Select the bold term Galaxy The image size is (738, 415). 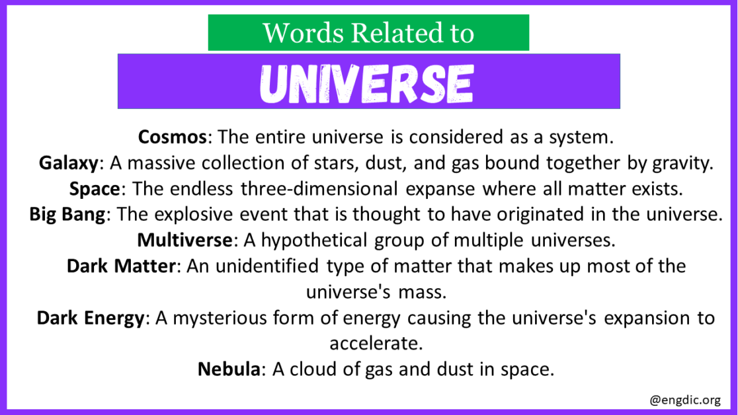69,163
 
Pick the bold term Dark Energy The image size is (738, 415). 91,318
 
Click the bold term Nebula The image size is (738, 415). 228,369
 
